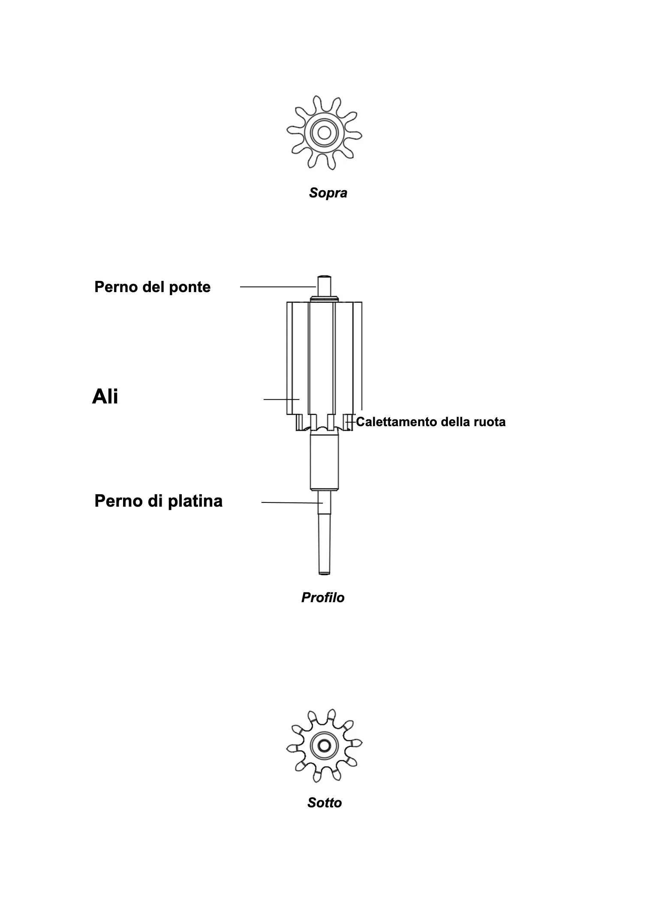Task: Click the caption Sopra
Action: [x=328, y=193]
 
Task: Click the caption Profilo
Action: [x=323, y=597]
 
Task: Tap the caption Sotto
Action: [x=324, y=802]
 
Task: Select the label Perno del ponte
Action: [x=152, y=287]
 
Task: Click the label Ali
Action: [x=105, y=397]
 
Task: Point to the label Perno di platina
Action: [x=158, y=501]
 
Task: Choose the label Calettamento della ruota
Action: [x=431, y=422]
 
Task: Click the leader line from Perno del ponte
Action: [x=278, y=287]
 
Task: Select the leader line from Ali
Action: [x=281, y=399]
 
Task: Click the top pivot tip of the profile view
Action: [x=324, y=276]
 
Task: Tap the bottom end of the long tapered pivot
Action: [x=324, y=573]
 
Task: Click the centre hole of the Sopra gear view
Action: [x=324, y=133]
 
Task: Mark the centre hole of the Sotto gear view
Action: [x=324, y=746]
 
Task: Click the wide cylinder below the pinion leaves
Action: [x=324, y=462]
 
